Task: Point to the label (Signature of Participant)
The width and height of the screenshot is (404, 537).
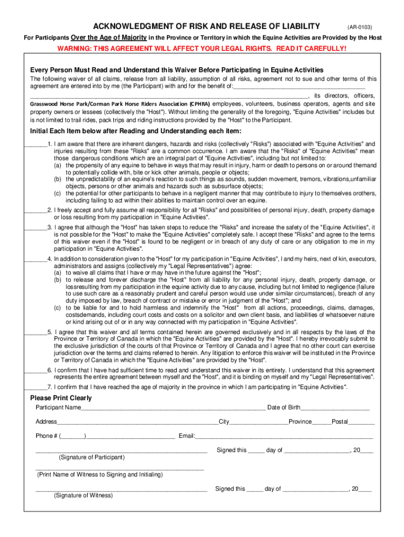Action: (x=92, y=457)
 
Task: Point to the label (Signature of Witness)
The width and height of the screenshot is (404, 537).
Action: (x=83, y=496)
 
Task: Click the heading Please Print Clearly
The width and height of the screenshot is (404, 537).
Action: (x=61, y=398)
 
